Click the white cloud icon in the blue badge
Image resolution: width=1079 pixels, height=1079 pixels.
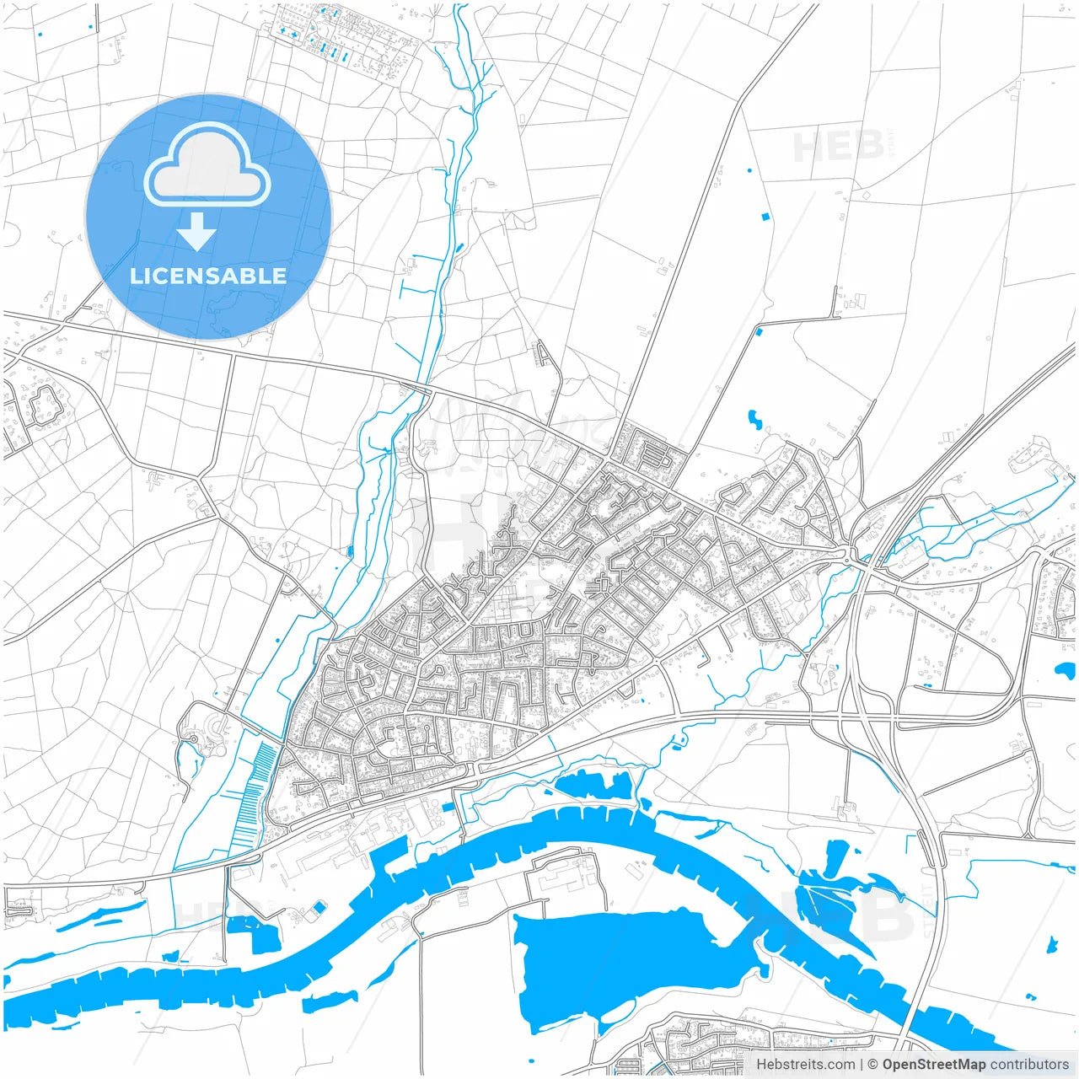point(207,165)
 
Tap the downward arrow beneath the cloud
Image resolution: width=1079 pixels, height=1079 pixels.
point(196,232)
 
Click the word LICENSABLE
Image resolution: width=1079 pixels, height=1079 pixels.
point(208,276)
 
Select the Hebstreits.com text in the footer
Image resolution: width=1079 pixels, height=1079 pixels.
point(805,1065)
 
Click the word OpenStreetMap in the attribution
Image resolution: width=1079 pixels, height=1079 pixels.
point(933,1065)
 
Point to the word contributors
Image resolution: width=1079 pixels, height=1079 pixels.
point(1029,1065)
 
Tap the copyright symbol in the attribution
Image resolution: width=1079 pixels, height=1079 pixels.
point(873,1065)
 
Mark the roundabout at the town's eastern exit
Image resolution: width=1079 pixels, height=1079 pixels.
point(849,556)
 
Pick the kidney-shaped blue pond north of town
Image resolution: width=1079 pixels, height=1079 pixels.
point(754,418)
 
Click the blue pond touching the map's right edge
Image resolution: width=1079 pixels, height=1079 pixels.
point(1065,671)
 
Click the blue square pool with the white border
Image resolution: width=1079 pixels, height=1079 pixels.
point(319,908)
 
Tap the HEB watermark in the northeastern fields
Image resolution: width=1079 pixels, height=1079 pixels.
point(838,147)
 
